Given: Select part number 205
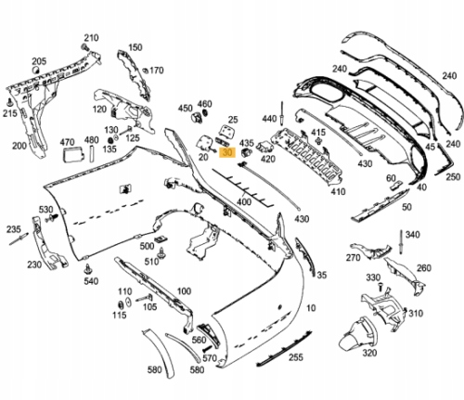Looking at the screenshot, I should pos(39,61).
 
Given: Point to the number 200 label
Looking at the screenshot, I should pos(19,146).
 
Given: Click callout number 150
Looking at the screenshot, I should pos(135,47).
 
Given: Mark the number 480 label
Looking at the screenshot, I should pos(91,142).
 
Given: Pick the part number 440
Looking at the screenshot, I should pos(270,119).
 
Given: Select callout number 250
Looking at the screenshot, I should pos(453,175).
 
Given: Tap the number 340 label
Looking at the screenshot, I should pos(413,235).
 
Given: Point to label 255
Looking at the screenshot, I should pos(295,356).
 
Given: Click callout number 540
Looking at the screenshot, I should pos(90,280).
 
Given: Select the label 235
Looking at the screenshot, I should pos(13,227).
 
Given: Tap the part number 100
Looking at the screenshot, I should pos(184,291).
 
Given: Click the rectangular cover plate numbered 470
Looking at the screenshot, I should pos(69,159).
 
